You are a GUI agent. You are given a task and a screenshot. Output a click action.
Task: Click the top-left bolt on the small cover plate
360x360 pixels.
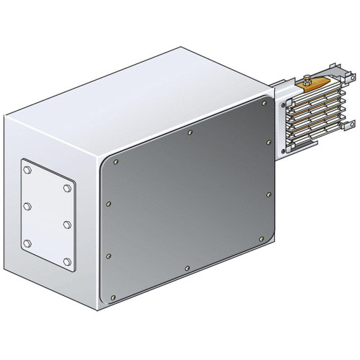27,171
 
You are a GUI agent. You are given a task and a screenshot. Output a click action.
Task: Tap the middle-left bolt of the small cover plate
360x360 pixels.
27,207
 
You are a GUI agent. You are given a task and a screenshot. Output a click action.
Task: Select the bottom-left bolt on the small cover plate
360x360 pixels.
27,242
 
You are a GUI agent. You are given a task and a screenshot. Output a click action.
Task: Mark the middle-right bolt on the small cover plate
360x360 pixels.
66,225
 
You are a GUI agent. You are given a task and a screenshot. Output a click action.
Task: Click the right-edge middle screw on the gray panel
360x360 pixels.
269,194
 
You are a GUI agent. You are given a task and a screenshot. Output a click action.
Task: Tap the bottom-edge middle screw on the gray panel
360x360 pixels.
188,269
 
